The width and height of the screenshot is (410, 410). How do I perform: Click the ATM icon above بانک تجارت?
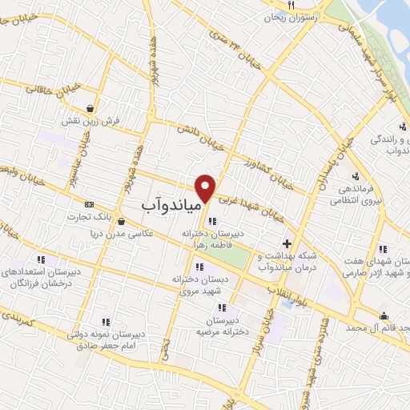pos(88,205)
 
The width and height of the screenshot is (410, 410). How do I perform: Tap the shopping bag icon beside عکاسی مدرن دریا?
pos(121,222)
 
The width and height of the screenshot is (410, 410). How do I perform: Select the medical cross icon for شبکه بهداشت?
pos(287,243)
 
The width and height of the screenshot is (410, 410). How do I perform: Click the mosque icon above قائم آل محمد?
pos(384,314)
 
